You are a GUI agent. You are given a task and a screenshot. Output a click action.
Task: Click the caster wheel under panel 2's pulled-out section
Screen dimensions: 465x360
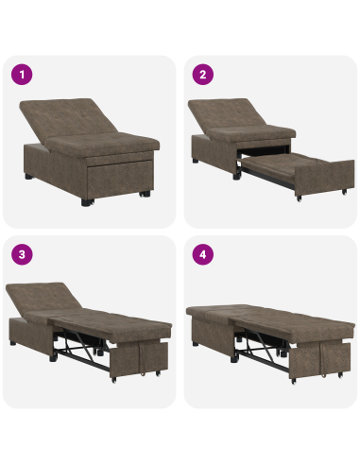click(x=296, y=200)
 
